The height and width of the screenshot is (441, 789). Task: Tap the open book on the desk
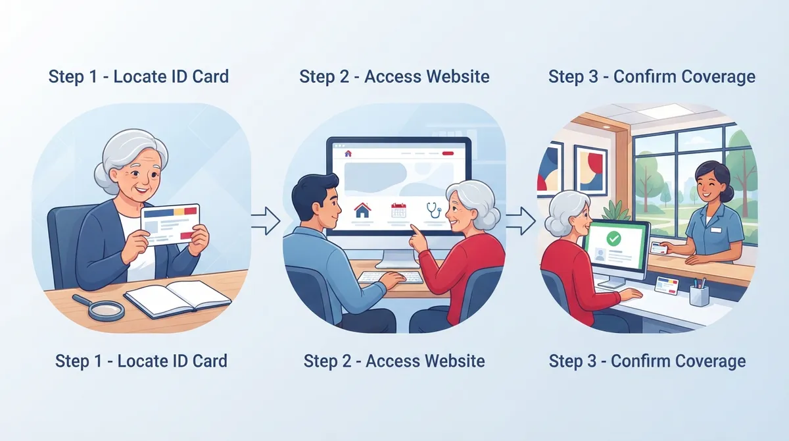178,299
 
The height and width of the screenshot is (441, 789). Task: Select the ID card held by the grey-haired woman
170,224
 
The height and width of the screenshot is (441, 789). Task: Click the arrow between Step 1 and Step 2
266,221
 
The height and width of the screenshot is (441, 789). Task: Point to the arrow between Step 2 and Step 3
521,221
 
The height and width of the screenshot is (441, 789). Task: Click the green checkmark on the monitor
613,239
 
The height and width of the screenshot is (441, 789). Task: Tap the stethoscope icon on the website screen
434,210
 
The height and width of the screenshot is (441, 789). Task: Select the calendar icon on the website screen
398,210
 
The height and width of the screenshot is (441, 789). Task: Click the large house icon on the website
362,210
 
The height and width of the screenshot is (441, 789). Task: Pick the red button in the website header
448,153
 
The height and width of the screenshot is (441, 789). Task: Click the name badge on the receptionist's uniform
716,230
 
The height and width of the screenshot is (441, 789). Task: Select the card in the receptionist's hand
659,248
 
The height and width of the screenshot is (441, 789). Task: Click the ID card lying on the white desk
667,286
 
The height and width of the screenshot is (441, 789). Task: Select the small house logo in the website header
348,153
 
